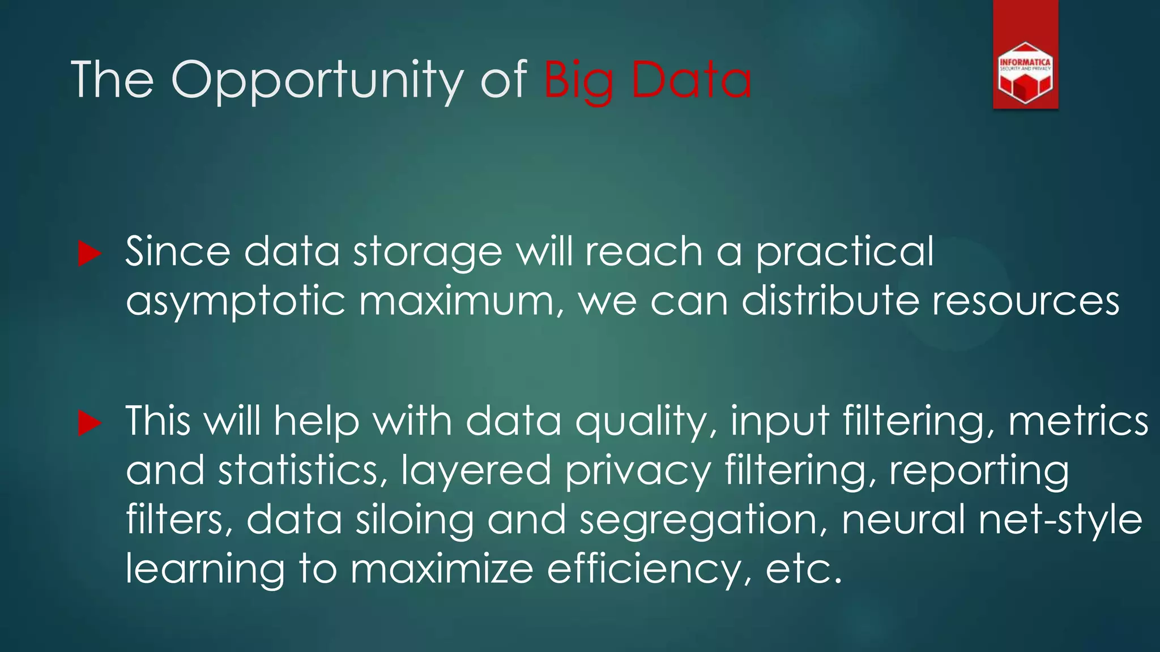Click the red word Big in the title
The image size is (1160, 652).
[578, 80]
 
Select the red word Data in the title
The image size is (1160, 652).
[690, 80]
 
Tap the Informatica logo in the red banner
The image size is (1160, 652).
[1025, 73]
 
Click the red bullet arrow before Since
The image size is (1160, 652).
[89, 253]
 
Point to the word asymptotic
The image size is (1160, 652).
[235, 301]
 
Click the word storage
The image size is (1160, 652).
[428, 252]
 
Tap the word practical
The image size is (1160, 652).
[845, 252]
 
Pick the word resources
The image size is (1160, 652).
[1026, 301]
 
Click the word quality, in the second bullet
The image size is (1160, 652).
[646, 422]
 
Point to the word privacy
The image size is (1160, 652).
[638, 471]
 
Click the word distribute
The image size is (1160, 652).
[830, 301]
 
